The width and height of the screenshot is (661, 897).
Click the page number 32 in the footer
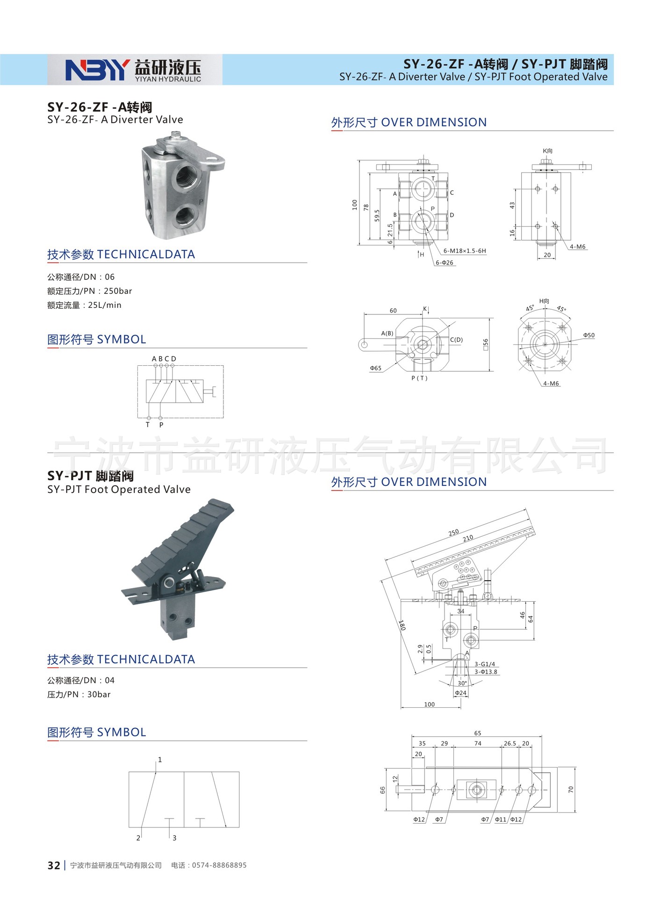point(54,865)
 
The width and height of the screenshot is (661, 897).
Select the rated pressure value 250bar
point(118,291)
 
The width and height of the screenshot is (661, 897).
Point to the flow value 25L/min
point(105,305)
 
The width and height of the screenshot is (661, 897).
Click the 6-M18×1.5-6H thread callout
point(464,251)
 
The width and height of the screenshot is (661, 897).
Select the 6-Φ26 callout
point(445,263)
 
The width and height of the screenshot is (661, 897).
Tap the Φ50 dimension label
point(589,335)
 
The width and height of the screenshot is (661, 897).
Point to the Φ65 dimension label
point(375,368)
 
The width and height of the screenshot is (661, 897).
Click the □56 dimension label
point(485,344)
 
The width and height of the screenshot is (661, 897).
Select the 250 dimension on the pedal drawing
point(453,533)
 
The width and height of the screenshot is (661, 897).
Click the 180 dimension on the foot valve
point(402,625)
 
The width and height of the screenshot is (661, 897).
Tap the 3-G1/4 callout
point(485,664)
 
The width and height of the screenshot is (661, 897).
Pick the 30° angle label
point(462,683)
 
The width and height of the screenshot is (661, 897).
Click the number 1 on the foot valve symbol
point(160,760)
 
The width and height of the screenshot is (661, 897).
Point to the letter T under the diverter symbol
point(148,425)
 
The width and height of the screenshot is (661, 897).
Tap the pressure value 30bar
point(99,695)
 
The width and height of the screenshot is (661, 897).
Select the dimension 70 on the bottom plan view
point(571,790)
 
